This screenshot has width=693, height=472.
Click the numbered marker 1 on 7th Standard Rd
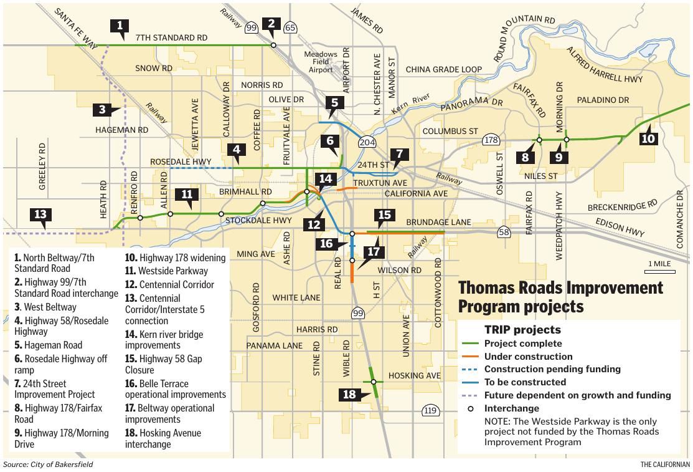point(120,26)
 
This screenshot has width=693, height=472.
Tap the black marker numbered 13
point(40,215)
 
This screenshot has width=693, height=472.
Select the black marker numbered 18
point(349,395)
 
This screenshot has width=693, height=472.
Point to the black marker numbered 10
point(648,138)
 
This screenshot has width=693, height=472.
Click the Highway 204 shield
point(367,142)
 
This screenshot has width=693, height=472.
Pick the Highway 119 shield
point(430,410)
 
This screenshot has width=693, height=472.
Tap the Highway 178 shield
point(491,140)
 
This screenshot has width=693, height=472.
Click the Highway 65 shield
point(290,27)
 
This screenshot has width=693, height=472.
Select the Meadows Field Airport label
point(321,62)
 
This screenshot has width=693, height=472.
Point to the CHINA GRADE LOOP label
point(444,70)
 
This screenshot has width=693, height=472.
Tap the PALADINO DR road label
point(603,100)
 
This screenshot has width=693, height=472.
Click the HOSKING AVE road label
point(414,375)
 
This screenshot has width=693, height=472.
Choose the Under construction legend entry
point(528,357)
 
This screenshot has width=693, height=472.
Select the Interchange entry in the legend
point(511,408)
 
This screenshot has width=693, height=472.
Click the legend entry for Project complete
point(522,344)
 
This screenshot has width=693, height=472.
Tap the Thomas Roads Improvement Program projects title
point(560,297)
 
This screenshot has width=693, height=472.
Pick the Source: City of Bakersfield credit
point(48,465)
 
